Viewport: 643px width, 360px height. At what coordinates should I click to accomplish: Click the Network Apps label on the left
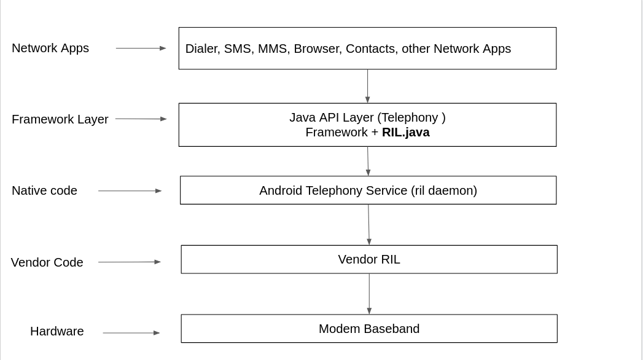click(x=50, y=48)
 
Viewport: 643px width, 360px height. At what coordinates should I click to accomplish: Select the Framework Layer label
click(x=60, y=119)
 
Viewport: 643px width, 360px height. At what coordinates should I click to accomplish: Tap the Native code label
click(x=44, y=190)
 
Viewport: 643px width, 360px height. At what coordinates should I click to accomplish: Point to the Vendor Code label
click(x=47, y=262)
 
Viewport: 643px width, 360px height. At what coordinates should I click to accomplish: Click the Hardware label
click(x=57, y=331)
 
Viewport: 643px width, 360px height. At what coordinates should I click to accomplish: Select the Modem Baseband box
click(x=369, y=329)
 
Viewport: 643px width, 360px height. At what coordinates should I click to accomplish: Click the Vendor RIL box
click(x=369, y=259)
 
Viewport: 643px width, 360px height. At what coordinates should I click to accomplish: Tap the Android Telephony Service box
click(x=368, y=190)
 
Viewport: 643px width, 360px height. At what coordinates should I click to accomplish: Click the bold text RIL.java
click(x=405, y=132)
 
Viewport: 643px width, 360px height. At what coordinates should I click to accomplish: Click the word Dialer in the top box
click(x=201, y=49)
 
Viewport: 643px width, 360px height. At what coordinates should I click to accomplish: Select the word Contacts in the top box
click(x=370, y=49)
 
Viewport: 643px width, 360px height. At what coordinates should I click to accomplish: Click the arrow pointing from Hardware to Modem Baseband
click(x=131, y=333)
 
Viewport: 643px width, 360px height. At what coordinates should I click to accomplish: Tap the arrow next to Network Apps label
click(x=141, y=48)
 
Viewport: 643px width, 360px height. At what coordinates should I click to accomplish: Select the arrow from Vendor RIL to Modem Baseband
click(x=369, y=294)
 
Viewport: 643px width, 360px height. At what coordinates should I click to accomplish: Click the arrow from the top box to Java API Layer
click(x=367, y=86)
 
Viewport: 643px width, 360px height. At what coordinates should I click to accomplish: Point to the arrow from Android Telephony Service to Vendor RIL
click(x=368, y=224)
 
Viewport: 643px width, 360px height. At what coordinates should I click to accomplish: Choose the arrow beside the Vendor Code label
click(x=129, y=262)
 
